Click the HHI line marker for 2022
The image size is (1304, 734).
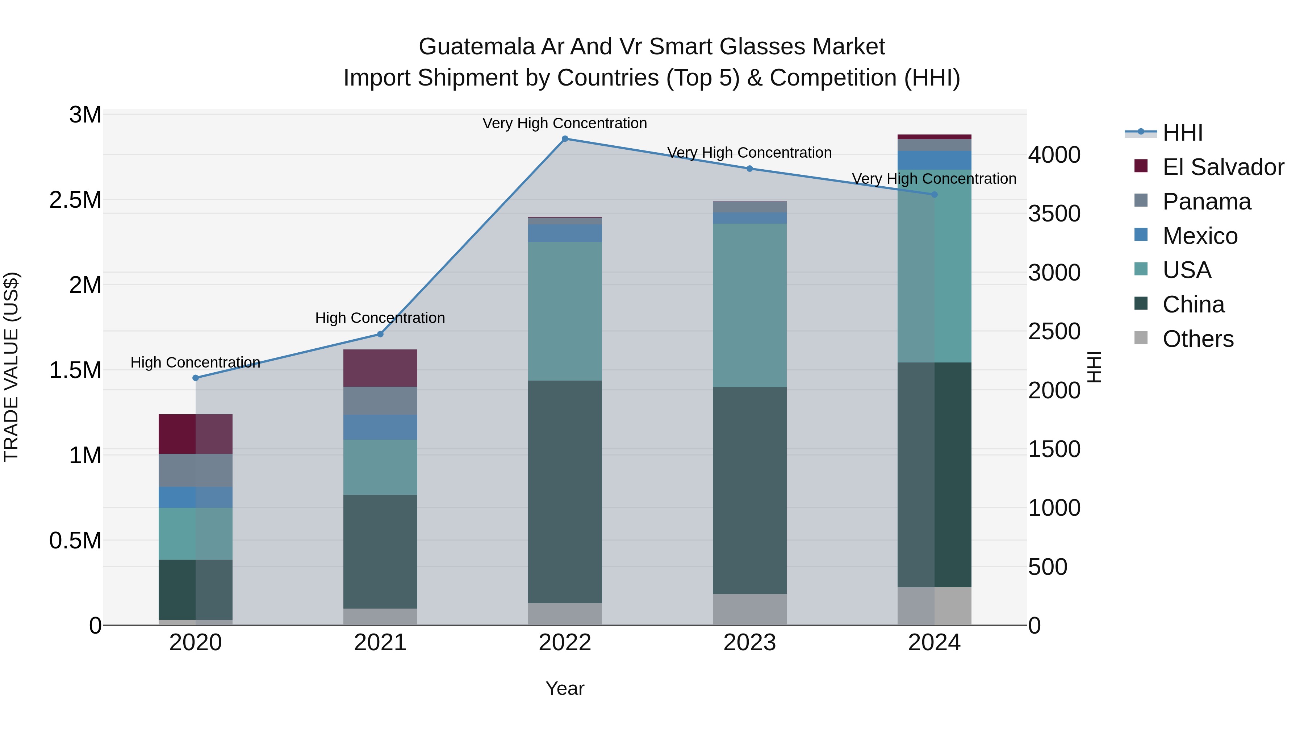pos(565,138)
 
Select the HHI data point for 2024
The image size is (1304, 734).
pos(935,195)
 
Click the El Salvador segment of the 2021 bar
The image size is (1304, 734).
pos(380,368)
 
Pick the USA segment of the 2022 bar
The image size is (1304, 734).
pos(565,311)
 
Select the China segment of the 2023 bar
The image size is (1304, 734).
pos(750,490)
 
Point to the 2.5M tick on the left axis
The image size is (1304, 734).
pos(75,200)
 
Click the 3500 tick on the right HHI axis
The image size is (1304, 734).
pos(1054,214)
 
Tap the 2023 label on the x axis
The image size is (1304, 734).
pos(750,643)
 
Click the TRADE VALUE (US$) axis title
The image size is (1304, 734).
pos(11,367)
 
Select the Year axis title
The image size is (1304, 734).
pos(565,688)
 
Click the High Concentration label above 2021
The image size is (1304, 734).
pos(380,318)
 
